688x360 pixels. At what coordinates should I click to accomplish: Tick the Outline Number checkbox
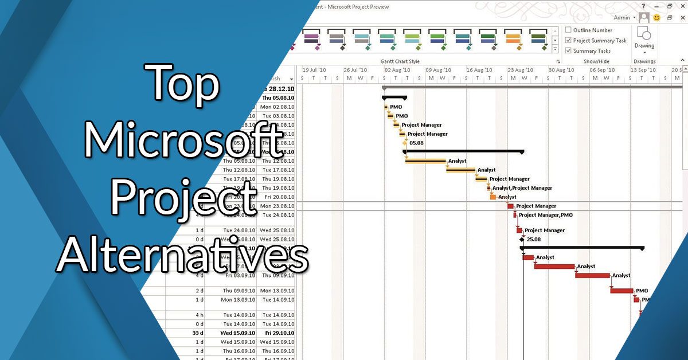pyautogui.click(x=569, y=30)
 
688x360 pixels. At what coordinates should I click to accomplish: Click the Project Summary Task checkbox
pyautogui.click(x=569, y=41)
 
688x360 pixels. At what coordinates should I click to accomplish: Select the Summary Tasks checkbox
pyautogui.click(x=569, y=51)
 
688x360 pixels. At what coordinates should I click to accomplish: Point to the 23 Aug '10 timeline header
pyautogui.click(x=520, y=70)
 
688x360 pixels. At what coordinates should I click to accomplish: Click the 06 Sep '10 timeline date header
pyautogui.click(x=602, y=70)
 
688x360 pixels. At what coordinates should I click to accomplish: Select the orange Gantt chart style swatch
pyautogui.click(x=513, y=39)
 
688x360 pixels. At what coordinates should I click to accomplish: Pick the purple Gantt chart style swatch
pyautogui.click(x=311, y=39)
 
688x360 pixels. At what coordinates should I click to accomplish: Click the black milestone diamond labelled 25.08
pyautogui.click(x=522, y=240)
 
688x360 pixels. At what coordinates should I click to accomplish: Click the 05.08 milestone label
pyautogui.click(x=416, y=143)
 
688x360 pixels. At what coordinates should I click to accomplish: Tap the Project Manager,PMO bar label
pyautogui.click(x=545, y=216)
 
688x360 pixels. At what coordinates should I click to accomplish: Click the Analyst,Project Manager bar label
pyautogui.click(x=522, y=188)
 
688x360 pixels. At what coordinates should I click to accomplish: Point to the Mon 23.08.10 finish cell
pyautogui.click(x=277, y=206)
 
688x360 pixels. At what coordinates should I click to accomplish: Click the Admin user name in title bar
pyautogui.click(x=621, y=18)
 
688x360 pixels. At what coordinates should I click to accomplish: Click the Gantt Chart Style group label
pyautogui.click(x=400, y=61)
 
